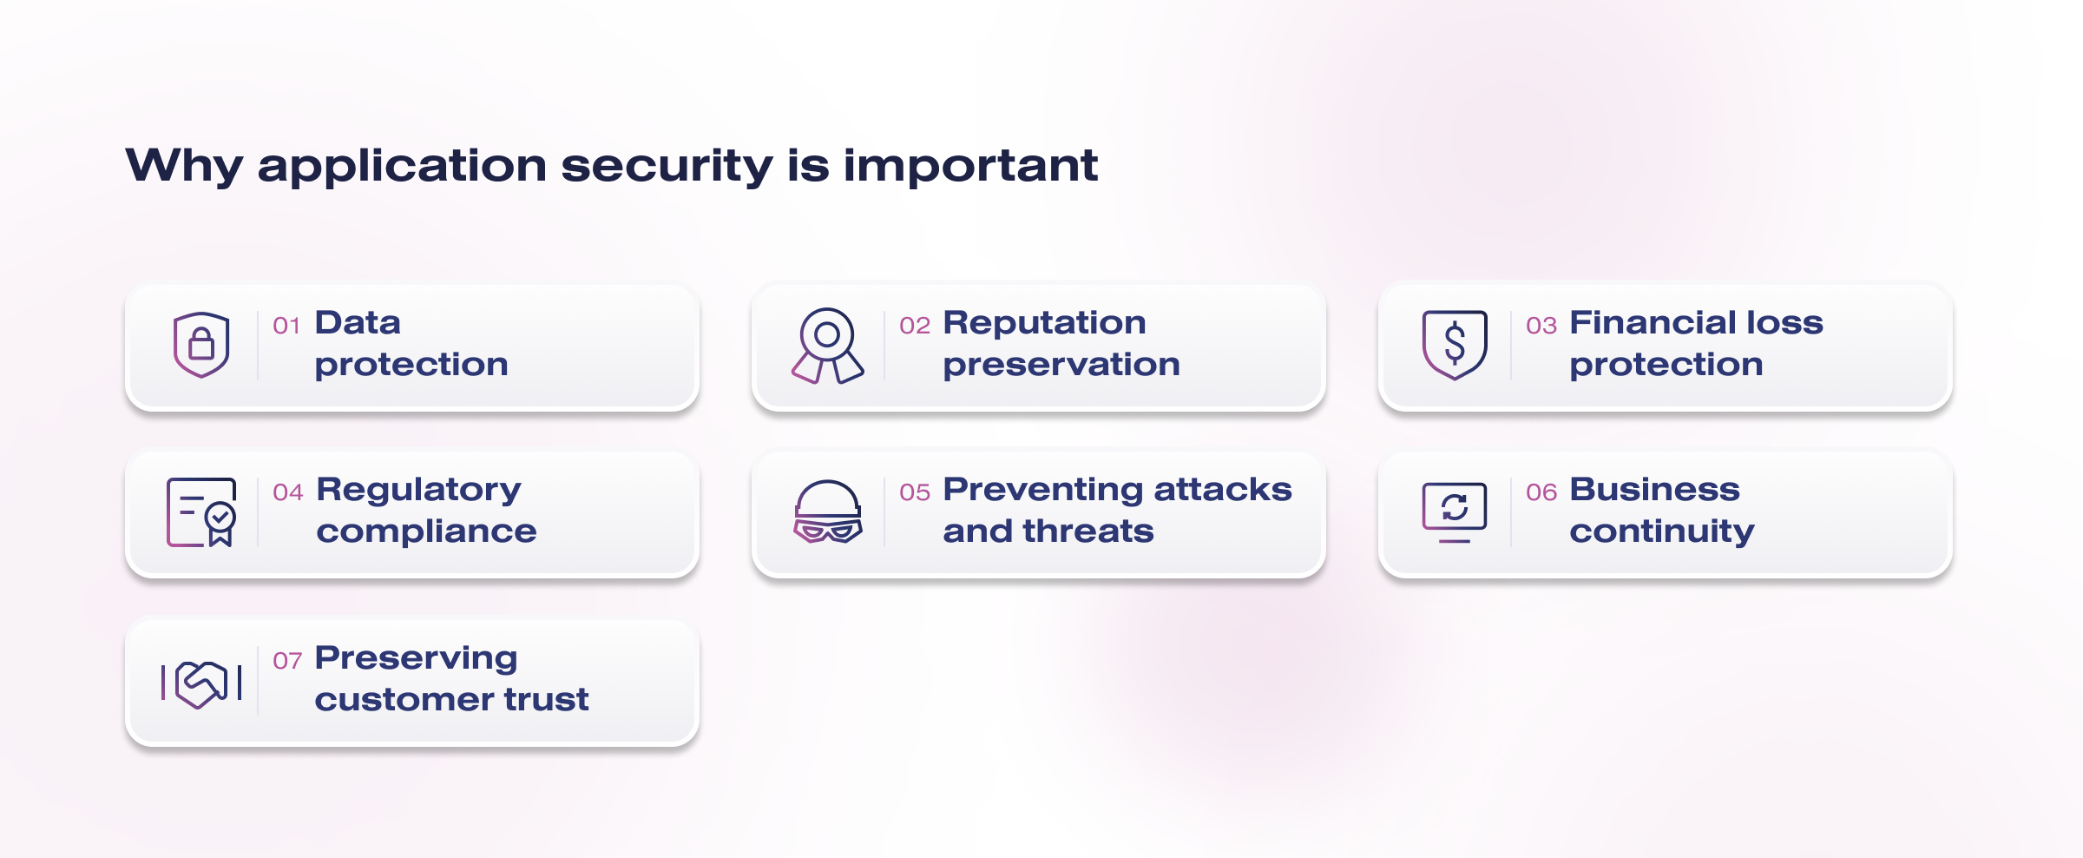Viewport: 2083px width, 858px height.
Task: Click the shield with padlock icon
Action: pos(201,345)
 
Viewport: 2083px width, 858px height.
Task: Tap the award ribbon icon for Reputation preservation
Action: pos(827,346)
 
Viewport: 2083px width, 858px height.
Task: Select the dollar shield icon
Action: pos(1455,345)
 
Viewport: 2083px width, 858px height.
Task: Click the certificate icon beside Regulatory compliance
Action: pos(201,512)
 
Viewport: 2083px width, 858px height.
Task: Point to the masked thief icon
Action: pos(828,511)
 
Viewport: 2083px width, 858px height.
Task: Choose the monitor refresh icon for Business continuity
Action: pos(1455,512)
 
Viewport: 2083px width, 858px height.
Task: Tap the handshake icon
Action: pos(201,684)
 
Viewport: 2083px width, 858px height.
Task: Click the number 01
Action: pos(286,326)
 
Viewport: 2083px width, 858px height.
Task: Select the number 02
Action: pos(915,326)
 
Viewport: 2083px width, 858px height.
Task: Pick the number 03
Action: pos(1541,326)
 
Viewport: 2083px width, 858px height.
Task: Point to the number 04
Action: pos(288,492)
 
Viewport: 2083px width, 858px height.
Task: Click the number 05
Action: pos(915,492)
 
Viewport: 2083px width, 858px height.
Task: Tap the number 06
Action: pos(1541,492)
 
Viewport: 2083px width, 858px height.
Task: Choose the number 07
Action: pos(287,661)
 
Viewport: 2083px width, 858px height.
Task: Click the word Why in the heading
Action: pos(184,166)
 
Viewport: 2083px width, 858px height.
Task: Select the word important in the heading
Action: pos(970,165)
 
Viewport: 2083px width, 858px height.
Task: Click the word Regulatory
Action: pos(419,491)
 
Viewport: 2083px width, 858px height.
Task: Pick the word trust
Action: pos(547,699)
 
